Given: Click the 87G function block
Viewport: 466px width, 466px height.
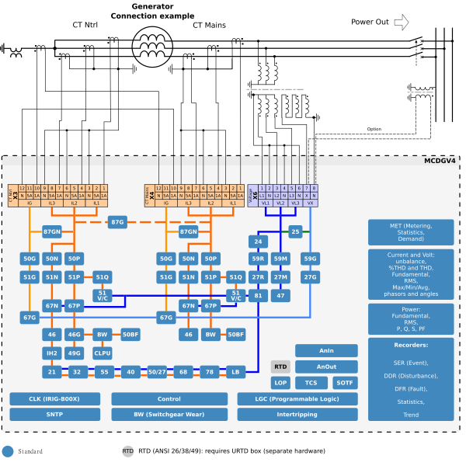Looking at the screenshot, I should pos(117,222).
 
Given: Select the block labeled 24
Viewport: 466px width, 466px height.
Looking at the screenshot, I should pos(258,242).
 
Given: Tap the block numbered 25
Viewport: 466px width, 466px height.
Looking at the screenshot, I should pos(295,231).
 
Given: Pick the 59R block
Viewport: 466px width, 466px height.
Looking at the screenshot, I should pos(258,259).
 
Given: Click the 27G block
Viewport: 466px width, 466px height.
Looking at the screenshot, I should pos(310,277).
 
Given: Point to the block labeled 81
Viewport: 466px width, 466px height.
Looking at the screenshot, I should pos(258,296).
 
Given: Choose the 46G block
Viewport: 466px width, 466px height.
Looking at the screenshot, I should pos(74,335).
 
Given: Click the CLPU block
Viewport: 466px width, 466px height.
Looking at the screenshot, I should pos(103,353).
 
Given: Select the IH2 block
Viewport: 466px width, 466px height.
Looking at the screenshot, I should pos(51,353).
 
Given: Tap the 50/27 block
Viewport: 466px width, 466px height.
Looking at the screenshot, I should pos(157,372).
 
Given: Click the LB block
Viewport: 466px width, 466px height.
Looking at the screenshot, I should pos(235,372).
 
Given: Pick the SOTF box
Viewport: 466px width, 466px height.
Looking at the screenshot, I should pos(345,383).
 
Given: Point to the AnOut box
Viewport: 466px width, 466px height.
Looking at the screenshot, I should pos(326,367).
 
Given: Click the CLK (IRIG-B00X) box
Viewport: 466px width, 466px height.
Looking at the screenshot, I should pos(55,398).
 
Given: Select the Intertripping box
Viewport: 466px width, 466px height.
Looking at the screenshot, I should pos(297,415).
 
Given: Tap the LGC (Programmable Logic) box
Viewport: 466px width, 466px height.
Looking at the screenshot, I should pos(297,398).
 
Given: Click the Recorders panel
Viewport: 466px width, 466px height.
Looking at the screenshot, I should pos(411,379).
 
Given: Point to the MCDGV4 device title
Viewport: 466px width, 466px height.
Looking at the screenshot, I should pos(440,161).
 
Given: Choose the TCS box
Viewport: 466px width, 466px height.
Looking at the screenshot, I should pos(311,383).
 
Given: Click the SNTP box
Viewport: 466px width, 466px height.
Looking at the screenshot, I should pos(55,415).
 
